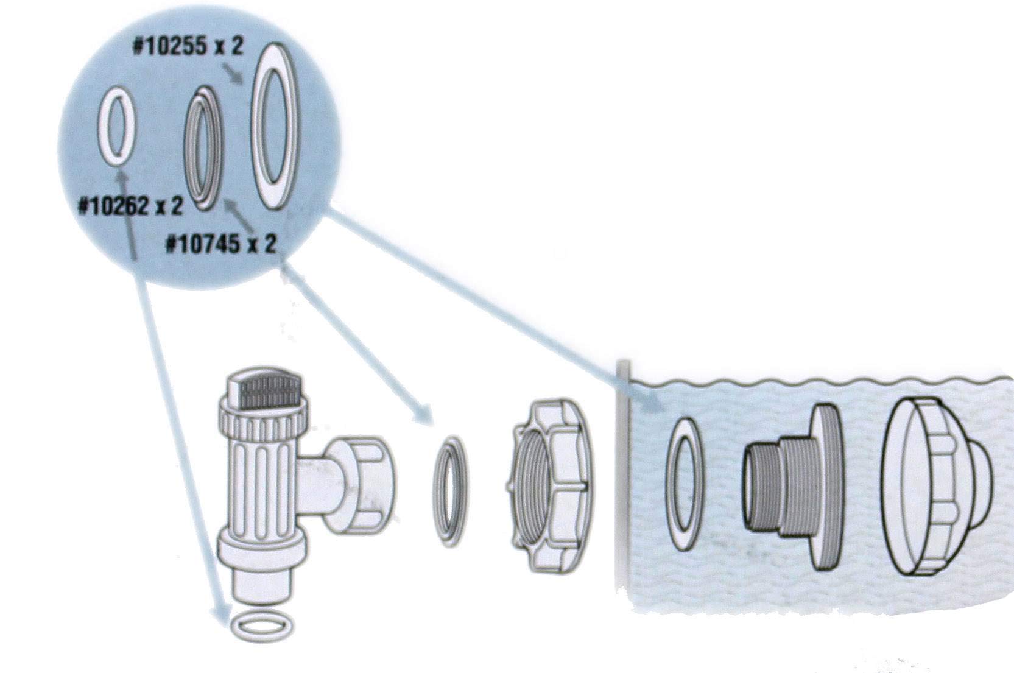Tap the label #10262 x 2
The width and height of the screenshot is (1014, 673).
(x=130, y=207)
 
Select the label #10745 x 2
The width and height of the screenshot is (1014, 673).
(x=222, y=244)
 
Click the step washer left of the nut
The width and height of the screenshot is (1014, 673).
(x=450, y=492)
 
